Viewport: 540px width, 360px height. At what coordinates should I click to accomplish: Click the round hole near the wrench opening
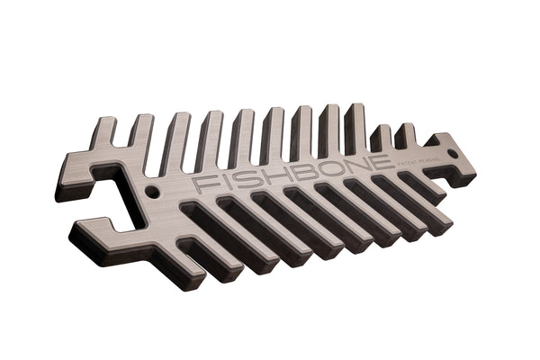(x=152, y=193)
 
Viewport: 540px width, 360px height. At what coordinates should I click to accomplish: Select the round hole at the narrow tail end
(x=452, y=153)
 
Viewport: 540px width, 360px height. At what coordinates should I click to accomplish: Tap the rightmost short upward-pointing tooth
(x=407, y=137)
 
